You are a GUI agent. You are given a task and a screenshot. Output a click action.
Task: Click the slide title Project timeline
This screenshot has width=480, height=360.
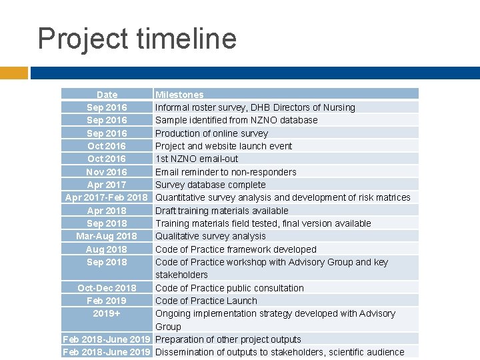137,38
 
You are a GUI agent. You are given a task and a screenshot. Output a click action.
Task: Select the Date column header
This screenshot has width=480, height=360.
107,95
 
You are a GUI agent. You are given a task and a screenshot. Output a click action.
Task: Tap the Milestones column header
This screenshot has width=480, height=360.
179,95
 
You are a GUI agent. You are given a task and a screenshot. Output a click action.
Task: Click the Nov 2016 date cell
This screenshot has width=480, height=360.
107,172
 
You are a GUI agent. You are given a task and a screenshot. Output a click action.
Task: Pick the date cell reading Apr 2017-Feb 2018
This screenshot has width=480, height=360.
107,197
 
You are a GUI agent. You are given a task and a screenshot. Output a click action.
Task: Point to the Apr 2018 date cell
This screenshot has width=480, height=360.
107,211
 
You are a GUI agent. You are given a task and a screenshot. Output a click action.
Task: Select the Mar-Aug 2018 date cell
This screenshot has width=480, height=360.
107,236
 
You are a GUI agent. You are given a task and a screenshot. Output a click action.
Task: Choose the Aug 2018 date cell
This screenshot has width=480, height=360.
107,249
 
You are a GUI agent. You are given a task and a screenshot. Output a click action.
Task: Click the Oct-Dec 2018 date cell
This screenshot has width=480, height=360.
107,288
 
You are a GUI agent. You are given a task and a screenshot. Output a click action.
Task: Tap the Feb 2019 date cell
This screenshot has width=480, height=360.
107,301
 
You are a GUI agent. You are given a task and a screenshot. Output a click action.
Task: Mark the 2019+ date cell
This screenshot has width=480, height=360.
107,313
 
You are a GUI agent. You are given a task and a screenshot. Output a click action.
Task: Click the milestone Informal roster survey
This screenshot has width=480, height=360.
255,107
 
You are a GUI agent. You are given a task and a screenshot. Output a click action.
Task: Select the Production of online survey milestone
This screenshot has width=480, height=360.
211,133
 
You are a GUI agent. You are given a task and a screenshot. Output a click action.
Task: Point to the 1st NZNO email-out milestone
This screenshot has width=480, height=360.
196,159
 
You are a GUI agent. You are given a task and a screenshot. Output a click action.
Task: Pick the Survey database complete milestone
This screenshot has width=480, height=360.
210,185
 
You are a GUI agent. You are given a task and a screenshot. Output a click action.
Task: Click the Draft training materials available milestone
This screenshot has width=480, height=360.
221,211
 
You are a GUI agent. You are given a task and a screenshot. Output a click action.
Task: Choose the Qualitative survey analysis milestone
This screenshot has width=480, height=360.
210,236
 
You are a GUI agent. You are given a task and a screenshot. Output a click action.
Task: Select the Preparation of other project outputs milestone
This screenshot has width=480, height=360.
228,339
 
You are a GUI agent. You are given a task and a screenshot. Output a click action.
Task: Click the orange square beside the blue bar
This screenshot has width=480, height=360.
14,73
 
